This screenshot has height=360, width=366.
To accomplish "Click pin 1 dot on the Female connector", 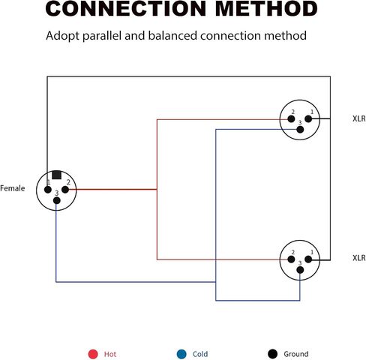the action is click(x=48, y=190).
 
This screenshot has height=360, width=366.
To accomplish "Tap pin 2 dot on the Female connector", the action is click(x=65, y=190).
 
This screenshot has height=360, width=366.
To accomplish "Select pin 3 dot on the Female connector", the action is click(x=57, y=200).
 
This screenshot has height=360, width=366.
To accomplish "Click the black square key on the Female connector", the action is click(x=56, y=175).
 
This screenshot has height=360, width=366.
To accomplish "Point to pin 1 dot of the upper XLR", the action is click(x=308, y=119).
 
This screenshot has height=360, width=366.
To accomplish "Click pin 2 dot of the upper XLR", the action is click(x=291, y=119).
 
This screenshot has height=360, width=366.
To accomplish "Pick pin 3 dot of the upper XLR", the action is click(x=300, y=130).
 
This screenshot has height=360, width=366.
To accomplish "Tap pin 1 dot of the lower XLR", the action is click(x=308, y=259).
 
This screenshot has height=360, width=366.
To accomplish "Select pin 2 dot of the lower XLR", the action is click(x=291, y=259).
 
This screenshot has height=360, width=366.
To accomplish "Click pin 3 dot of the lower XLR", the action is click(x=300, y=270).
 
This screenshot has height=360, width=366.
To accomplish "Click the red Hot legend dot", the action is click(x=93, y=354).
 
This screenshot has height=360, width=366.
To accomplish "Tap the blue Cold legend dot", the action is click(x=181, y=354).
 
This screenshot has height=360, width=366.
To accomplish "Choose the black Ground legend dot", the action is click(x=272, y=354).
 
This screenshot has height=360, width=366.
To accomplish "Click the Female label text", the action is click(x=13, y=188).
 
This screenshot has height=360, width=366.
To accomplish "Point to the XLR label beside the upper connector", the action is click(x=359, y=118).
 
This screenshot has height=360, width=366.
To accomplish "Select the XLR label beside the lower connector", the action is click(x=359, y=258).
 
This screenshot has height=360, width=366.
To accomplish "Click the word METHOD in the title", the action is click(x=266, y=8).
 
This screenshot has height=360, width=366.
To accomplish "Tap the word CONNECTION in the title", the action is click(x=126, y=8).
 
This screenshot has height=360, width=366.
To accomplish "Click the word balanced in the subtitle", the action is click(x=172, y=35).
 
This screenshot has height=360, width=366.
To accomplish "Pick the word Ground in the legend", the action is click(x=296, y=354).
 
